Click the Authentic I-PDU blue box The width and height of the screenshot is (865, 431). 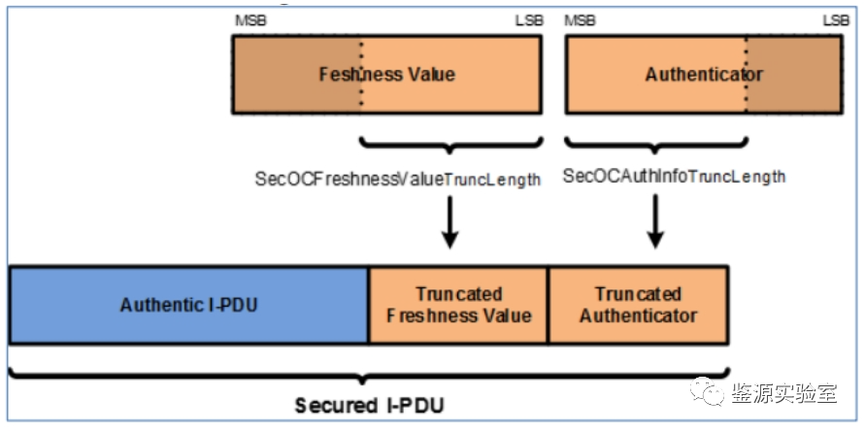188,305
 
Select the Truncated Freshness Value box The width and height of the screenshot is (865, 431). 458,305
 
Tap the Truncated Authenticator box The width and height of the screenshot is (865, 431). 638,305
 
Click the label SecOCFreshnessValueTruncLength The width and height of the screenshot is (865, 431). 397,180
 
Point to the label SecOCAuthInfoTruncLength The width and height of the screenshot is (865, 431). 674,177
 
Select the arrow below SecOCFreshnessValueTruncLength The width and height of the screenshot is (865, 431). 449,222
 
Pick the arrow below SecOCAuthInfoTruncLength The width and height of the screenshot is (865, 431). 655,222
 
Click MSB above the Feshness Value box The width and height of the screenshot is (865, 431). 247,20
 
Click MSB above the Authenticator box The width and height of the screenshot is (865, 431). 581,20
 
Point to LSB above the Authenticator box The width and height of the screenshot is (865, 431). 836,20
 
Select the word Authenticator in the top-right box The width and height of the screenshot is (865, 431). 704,75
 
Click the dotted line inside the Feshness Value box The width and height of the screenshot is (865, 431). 361,74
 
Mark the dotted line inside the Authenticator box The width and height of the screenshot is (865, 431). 747,74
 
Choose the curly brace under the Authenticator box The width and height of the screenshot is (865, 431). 655,146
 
